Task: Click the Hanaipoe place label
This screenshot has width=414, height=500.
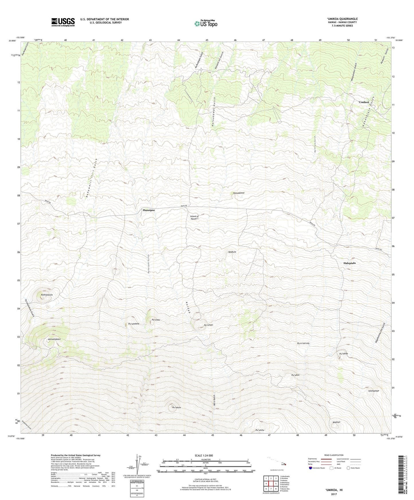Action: click(149, 210)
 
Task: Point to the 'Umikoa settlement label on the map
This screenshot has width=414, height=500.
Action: click(363, 102)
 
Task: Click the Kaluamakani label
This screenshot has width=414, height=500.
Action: click(54, 339)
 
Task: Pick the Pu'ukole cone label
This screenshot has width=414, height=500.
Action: click(176, 407)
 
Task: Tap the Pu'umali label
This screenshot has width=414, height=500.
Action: click(208, 325)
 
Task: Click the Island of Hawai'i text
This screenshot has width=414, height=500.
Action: click(194, 218)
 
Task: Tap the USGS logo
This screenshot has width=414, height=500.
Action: click(63, 22)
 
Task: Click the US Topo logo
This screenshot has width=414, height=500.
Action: click(206, 23)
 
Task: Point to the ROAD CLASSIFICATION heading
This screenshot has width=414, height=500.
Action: click(334, 455)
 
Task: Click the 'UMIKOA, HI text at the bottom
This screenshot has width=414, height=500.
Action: click(334, 490)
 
